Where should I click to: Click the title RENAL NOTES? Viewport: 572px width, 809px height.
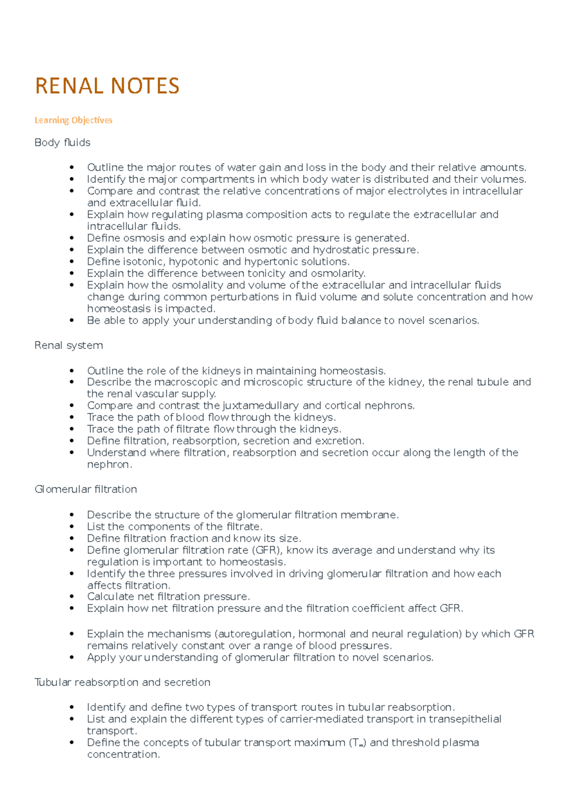tap(107, 86)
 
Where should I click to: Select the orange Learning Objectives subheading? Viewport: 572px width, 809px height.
tap(73, 120)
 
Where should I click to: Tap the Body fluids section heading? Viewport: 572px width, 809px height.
tap(62, 142)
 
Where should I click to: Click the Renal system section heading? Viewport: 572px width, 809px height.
tap(69, 345)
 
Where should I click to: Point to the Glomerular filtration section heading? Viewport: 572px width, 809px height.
tap(86, 489)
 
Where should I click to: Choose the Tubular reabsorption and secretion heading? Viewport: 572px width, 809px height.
tap(123, 682)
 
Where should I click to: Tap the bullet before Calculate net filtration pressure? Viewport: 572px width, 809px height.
tap(72, 597)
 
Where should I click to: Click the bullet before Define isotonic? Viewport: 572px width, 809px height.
tap(72, 262)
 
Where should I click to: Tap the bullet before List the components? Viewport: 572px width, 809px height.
tap(72, 527)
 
